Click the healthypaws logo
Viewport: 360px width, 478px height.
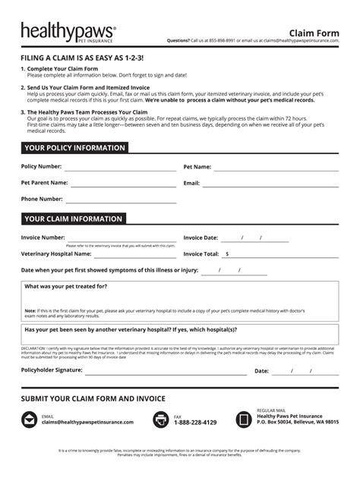coord(68,32)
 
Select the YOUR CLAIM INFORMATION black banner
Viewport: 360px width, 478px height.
coord(73,219)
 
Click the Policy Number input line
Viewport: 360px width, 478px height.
coord(119,168)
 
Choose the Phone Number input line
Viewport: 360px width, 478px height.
coord(121,201)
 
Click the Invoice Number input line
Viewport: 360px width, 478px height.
coord(122,240)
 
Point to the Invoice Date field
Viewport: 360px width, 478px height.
coord(254,239)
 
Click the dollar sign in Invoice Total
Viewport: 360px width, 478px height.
coord(227,255)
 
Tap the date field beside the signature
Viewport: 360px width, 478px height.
coord(302,372)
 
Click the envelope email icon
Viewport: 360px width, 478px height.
coord(29,419)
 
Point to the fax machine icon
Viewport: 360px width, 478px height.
coord(161,419)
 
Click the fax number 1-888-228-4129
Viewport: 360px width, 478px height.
coord(195,423)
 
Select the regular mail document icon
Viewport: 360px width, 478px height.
coord(244,419)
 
